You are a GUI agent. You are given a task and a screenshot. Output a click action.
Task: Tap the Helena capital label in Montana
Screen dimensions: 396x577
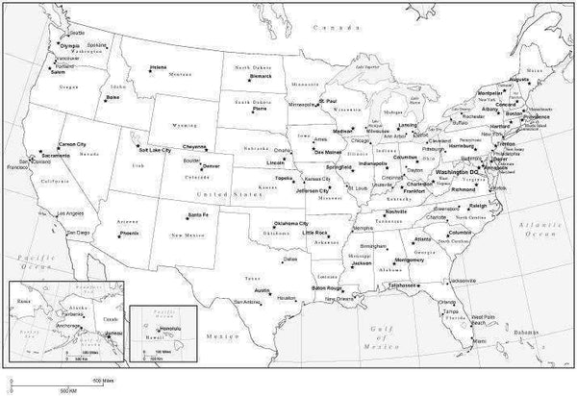(x=158, y=66)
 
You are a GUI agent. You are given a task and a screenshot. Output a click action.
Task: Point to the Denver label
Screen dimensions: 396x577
(x=212, y=166)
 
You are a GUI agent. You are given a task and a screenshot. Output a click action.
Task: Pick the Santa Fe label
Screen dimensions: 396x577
(x=199, y=213)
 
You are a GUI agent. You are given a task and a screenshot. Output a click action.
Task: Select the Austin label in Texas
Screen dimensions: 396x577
(x=261, y=288)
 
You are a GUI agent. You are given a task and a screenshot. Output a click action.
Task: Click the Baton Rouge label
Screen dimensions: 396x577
(x=327, y=287)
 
